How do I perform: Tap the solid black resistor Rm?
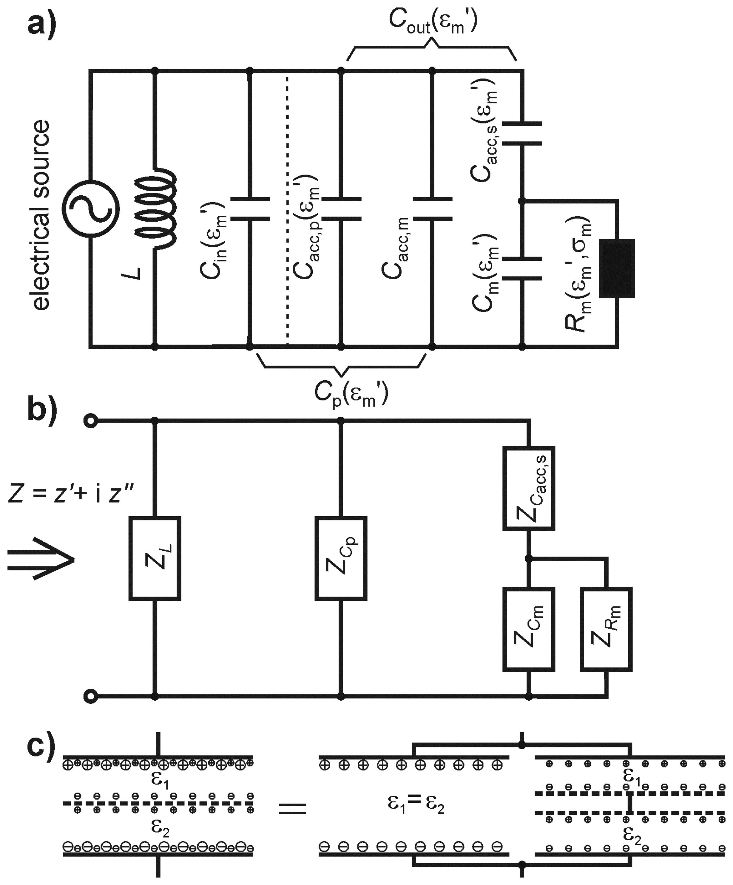click(617, 268)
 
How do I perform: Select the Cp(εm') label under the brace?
click(351, 394)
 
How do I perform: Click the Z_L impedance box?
click(155, 558)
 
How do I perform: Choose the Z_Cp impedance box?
click(341, 558)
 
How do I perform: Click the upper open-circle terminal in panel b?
click(91, 421)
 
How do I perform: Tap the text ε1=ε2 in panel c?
click(416, 804)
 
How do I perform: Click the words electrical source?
click(41, 215)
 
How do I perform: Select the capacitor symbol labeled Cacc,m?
click(432, 209)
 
